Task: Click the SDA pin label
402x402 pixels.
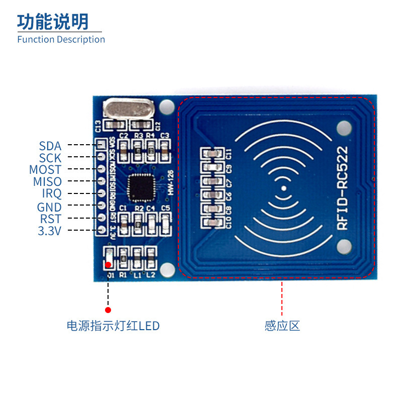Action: pos(50,146)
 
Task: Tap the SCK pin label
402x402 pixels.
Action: pos(50,158)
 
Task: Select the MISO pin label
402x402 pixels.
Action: pos(47,182)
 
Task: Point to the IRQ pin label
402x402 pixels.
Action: pos(52,194)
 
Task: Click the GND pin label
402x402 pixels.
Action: pos(49,207)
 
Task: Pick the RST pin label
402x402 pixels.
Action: pos(50,219)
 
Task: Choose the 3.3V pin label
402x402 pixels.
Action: pos(49,231)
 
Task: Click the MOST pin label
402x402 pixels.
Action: pos(45,170)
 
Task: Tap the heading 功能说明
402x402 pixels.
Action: pos(53,22)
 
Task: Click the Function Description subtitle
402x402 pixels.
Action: pos(61,39)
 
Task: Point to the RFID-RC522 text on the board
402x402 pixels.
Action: pos(342,188)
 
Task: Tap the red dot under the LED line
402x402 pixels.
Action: pos(108,310)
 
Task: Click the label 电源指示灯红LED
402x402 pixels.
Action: pos(113,326)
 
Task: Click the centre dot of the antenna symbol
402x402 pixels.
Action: pos(283,188)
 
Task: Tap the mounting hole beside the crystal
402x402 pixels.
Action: pos(166,107)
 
